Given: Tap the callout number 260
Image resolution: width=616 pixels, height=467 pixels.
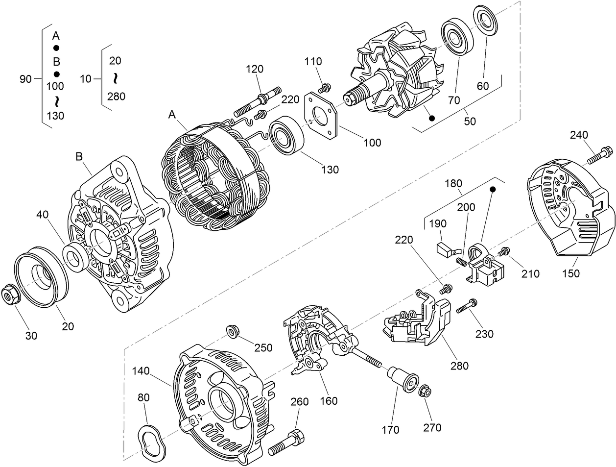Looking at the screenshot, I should click(300, 402).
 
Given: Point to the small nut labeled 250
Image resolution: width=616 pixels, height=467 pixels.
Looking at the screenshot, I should click(233, 332).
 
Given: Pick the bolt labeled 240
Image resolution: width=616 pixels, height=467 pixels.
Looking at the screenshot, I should click(598, 154).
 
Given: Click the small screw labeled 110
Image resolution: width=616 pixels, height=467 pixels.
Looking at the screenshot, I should click(323, 88).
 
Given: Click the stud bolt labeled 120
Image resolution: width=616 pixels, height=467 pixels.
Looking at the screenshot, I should click(257, 102).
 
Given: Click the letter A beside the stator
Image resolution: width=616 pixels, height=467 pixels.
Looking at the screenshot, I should click(172, 114).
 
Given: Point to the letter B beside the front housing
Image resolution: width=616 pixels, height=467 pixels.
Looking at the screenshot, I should click(79, 157).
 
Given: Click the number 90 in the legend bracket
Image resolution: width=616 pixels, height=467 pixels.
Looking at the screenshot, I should click(25, 78).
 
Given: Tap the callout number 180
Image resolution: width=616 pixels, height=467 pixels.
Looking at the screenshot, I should click(454, 184).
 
